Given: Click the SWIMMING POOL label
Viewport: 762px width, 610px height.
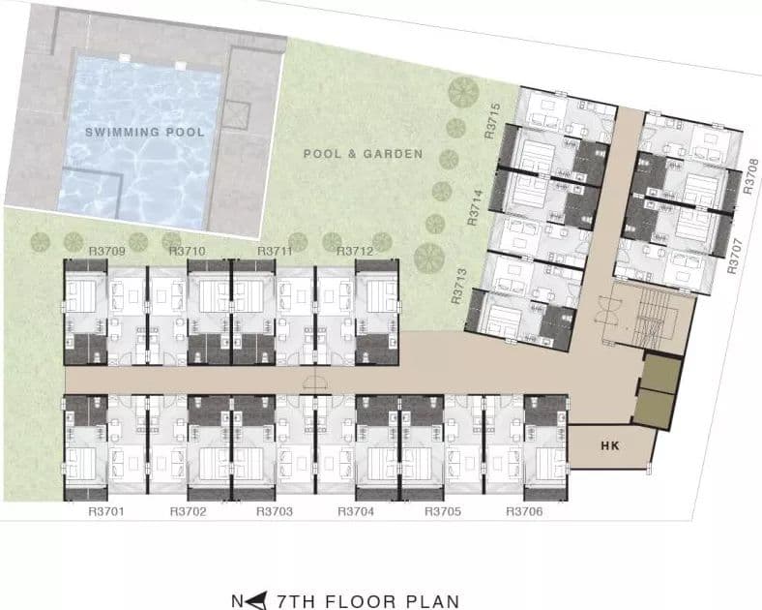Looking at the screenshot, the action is tap(145, 132).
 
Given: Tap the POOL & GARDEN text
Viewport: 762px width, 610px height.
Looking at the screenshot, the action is tap(363, 154).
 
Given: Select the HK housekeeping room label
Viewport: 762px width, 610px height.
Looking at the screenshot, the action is tap(610, 445).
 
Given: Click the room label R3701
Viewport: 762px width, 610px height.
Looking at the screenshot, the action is tap(106, 512).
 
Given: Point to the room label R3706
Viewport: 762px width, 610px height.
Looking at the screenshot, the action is tap(524, 512).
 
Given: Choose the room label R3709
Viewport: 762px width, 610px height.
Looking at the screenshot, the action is tap(107, 252).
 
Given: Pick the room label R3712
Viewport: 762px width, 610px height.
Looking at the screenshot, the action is tap(355, 252).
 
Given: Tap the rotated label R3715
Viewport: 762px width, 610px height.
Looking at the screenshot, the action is tap(492, 121).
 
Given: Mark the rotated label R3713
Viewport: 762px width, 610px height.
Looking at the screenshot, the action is tap(458, 287).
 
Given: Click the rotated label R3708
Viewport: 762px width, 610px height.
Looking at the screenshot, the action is tap(750, 176).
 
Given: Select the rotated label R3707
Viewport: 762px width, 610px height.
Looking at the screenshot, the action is tap(735, 256).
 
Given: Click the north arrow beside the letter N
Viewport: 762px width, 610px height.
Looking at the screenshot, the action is tap(256, 600).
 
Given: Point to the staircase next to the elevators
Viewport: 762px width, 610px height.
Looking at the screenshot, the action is tap(656, 316).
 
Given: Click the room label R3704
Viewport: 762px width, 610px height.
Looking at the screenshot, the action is tap(356, 512).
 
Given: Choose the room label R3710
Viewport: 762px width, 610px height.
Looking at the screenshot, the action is tap(187, 252).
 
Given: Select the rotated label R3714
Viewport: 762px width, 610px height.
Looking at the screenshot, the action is tap(475, 208).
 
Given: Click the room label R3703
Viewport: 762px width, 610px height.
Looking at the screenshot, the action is tap(275, 512).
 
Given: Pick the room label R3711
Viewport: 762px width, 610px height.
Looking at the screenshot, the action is tap(275, 252).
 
